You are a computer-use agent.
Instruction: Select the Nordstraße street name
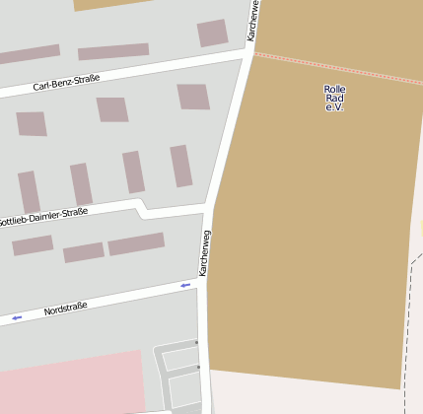pyautogui.click(x=66, y=309)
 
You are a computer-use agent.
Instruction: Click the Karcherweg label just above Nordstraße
pyautogui.click(x=204, y=252)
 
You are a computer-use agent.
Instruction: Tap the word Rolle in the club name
pyautogui.click(x=334, y=89)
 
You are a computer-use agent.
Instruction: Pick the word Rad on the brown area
pyautogui.click(x=334, y=98)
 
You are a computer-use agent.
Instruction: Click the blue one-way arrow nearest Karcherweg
pyautogui.click(x=184, y=285)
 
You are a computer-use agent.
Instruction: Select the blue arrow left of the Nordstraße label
pyautogui.click(x=17, y=317)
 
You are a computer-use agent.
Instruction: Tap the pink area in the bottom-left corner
pyautogui.click(x=69, y=384)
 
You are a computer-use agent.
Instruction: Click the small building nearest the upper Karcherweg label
pyautogui.click(x=212, y=33)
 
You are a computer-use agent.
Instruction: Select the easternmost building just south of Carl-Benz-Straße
pyautogui.click(x=193, y=97)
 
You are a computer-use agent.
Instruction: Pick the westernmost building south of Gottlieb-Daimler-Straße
pyautogui.click(x=33, y=245)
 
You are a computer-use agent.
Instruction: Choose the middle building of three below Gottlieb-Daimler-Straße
pyautogui.click(x=84, y=252)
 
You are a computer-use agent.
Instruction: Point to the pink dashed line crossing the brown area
pyautogui.click(x=335, y=66)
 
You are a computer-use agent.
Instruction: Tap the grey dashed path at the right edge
pyautogui.click(x=406, y=325)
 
